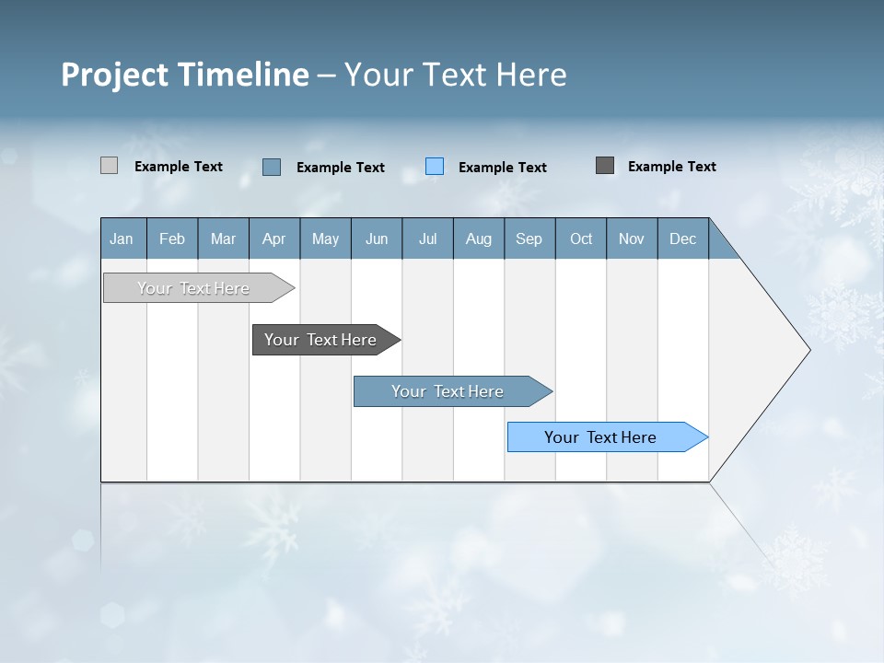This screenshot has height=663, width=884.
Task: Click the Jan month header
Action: click(122, 238)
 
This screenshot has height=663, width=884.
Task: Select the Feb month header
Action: click(172, 238)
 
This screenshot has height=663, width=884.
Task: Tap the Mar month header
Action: click(223, 238)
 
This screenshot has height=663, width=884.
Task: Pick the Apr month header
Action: click(274, 238)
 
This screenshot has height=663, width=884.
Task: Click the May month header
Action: click(325, 238)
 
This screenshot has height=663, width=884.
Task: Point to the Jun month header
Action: click(377, 238)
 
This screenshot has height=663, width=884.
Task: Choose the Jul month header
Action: click(427, 238)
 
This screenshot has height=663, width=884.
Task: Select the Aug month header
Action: click(479, 238)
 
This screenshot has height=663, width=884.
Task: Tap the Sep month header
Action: click(529, 238)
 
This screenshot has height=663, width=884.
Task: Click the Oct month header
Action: click(581, 238)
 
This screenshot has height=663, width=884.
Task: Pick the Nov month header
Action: click(632, 238)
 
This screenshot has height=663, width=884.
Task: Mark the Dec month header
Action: click(683, 238)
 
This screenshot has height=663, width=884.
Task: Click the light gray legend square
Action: click(110, 166)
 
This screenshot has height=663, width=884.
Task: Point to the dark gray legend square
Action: click(605, 166)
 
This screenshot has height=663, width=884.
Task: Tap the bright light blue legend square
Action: click(435, 167)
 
